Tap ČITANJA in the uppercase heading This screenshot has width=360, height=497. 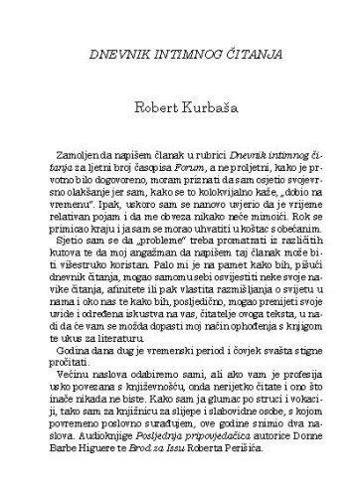245,49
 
